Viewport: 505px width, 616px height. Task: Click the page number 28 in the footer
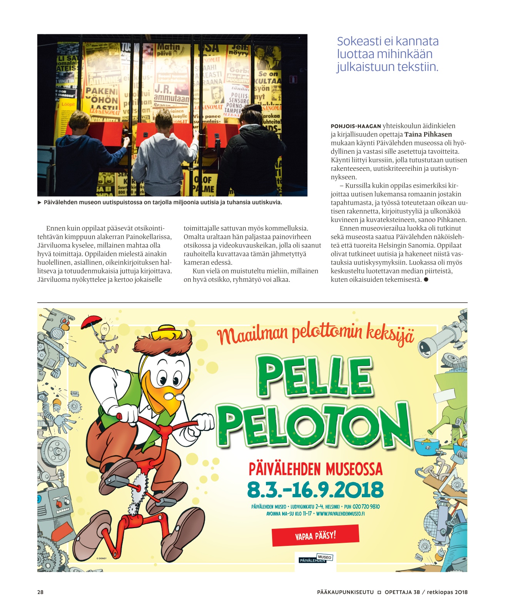40,592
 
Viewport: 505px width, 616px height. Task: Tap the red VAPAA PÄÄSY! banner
315,535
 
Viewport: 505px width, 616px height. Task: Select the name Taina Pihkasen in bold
428,135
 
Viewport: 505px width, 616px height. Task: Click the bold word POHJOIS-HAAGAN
356,126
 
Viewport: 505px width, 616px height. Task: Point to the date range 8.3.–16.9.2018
315,490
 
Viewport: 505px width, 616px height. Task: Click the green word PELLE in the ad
315,376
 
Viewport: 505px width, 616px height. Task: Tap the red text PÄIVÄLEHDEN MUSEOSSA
316,470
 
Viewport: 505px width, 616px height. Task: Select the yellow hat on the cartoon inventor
166,331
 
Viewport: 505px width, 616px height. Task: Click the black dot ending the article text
426,279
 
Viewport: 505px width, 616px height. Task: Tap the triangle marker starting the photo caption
40,202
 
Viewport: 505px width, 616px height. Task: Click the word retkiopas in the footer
440,592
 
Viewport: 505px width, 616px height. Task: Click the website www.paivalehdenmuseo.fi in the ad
340,514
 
